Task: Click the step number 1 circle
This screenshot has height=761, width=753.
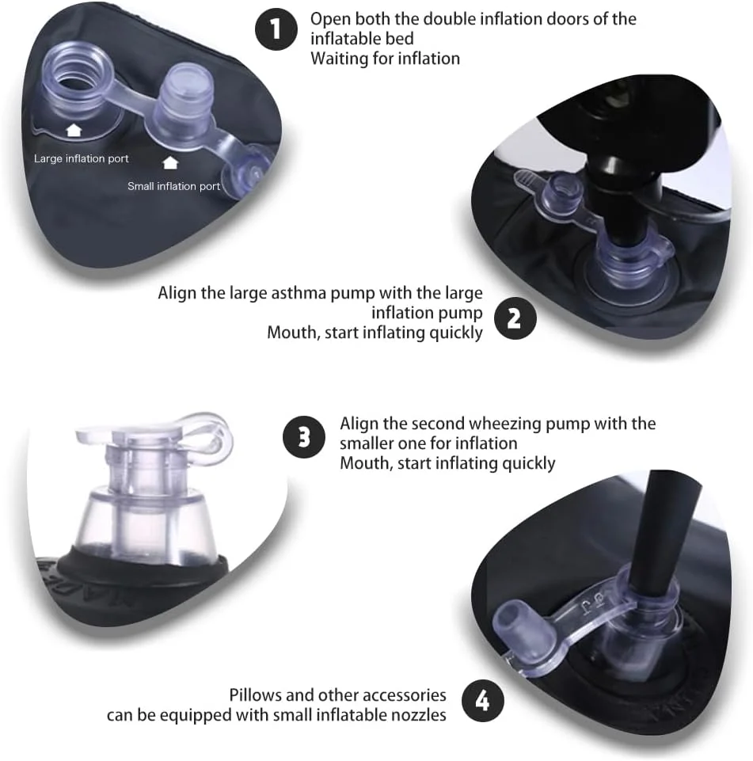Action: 276,29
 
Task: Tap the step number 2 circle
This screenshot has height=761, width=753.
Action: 515,318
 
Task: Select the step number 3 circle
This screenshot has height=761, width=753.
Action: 304,437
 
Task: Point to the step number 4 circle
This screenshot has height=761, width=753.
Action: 482,700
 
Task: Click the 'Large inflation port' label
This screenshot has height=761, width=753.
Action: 81,158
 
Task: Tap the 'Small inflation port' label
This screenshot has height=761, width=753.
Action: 173,186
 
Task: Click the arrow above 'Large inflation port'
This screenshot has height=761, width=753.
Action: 74,130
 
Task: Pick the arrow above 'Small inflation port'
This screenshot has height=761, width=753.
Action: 169,162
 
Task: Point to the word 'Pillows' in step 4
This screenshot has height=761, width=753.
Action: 255,695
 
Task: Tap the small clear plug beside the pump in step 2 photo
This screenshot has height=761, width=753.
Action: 562,191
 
